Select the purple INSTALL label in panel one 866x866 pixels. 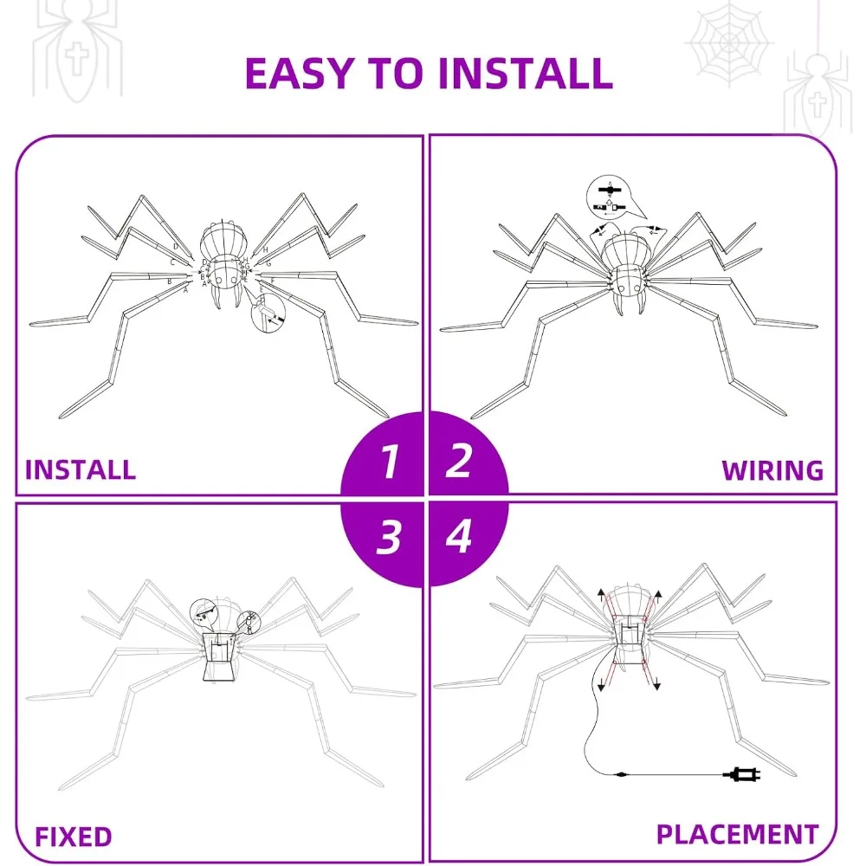tap(81, 469)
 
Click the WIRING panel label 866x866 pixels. tap(772, 469)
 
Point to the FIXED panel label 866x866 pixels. tap(74, 837)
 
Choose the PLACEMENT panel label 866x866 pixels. tap(737, 834)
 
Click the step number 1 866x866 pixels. tap(389, 461)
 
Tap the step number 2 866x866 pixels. tap(458, 461)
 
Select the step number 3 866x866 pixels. tap(389, 538)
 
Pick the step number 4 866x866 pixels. tap(458, 538)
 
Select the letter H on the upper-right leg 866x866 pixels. tap(266, 250)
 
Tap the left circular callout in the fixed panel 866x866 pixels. tap(207, 612)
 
